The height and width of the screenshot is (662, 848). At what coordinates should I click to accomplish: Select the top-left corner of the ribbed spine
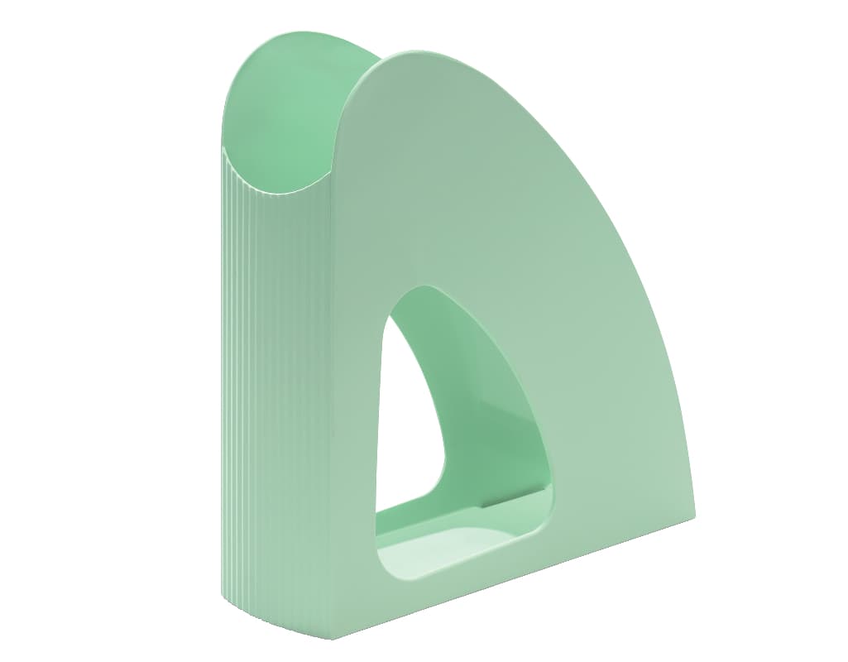pyautogui.click(x=223, y=149)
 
